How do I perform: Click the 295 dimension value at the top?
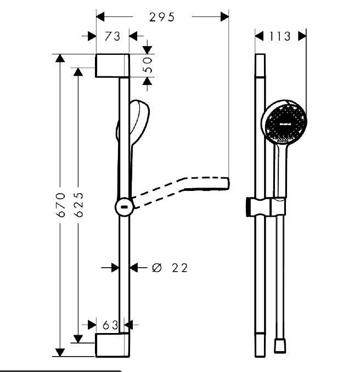[162, 17]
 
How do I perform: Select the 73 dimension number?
[113, 36]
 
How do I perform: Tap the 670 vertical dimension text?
[61, 204]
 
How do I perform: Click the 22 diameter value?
[179, 268]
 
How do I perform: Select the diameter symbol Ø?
[156, 268]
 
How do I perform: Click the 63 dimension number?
[111, 325]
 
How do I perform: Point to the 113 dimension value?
[280, 36]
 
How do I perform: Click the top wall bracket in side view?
[113, 65]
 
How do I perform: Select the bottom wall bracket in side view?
[113, 345]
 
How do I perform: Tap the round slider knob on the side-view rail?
[125, 207]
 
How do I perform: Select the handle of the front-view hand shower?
[280, 170]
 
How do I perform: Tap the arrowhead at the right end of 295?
[225, 17]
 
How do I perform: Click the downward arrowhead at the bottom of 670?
[59, 352]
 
